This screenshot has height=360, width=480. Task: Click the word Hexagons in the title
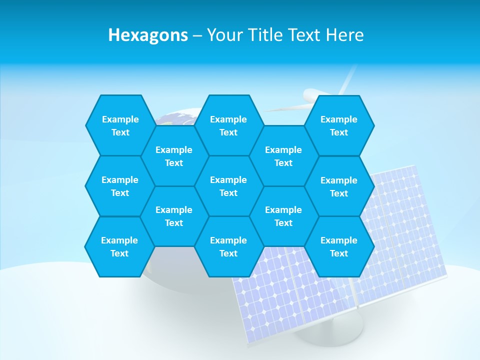pyautogui.click(x=148, y=35)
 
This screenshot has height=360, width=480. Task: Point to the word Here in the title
pyautogui.click(x=344, y=35)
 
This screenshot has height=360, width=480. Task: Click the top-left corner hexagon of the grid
pyautogui.click(x=120, y=125)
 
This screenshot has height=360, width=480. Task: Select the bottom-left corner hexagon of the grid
pyautogui.click(x=120, y=246)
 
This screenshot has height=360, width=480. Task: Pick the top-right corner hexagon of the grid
pyautogui.click(x=339, y=125)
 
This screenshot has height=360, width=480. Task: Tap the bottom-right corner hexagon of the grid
pyautogui.click(x=339, y=246)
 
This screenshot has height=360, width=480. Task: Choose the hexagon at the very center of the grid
pyautogui.click(x=228, y=186)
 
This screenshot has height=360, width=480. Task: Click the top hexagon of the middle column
pyautogui.click(x=228, y=125)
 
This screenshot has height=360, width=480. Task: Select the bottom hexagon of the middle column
pyautogui.click(x=228, y=246)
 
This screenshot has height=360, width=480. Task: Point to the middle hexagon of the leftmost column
pyautogui.click(x=120, y=186)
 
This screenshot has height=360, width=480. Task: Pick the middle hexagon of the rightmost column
pyautogui.click(x=339, y=186)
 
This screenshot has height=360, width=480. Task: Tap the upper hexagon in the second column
pyautogui.click(x=174, y=156)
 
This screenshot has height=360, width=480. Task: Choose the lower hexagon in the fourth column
pyautogui.click(x=283, y=216)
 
